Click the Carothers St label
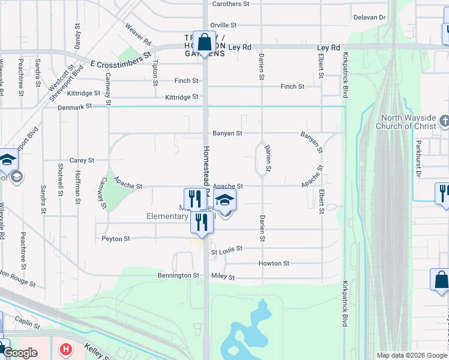pyautogui.click(x=231, y=4)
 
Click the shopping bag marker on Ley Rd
pyautogui.click(x=204, y=43)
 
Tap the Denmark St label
pyautogui.click(x=75, y=106)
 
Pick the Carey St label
pyautogui.click(x=82, y=161)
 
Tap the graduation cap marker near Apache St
pyautogui.click(x=225, y=200)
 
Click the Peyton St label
pyautogui.click(x=116, y=239)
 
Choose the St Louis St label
pyautogui.click(x=226, y=248)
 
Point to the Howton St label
pyautogui.click(x=274, y=263)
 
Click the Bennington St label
pyautogui.click(x=178, y=275)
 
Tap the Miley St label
pyautogui.click(x=223, y=277)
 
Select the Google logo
pyautogui.click(x=20, y=353)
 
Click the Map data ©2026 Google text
pyautogui.click(x=411, y=355)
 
